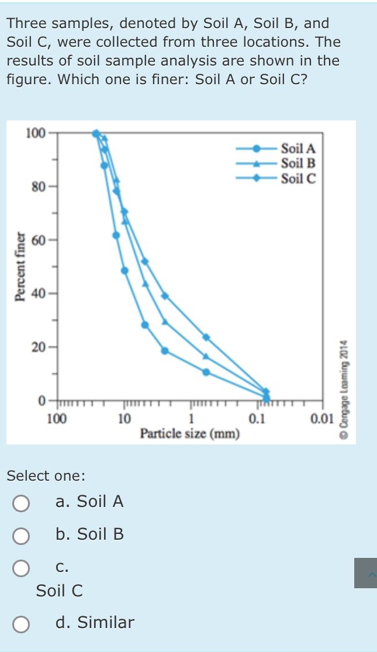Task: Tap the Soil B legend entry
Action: [x=298, y=164]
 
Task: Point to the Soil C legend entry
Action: [x=298, y=179]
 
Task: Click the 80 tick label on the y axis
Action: [x=38, y=187]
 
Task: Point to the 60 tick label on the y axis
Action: [x=38, y=239]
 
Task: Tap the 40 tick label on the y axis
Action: [x=38, y=292]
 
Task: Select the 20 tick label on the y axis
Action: [x=38, y=347]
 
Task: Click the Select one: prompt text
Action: [x=46, y=476]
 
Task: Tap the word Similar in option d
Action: [x=106, y=623]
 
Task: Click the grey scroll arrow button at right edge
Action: [x=365, y=573]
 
